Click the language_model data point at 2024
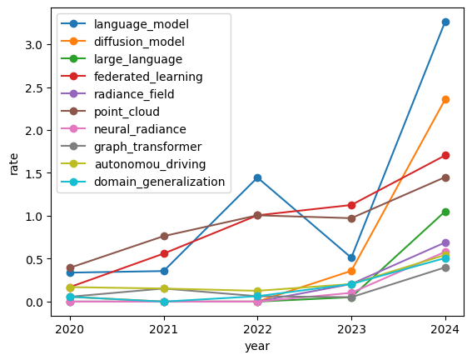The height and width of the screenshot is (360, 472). pyautogui.click(x=445, y=22)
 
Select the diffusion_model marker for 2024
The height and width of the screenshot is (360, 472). pyautogui.click(x=445, y=99)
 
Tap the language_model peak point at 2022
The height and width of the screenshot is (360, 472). pyautogui.click(x=257, y=177)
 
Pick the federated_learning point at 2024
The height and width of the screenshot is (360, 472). pyautogui.click(x=445, y=155)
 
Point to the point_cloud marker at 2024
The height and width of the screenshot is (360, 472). pyautogui.click(x=445, y=177)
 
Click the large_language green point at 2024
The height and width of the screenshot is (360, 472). pyautogui.click(x=445, y=212)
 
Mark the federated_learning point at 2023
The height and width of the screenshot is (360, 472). pyautogui.click(x=351, y=205)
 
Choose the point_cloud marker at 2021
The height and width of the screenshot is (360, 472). pyautogui.click(x=164, y=236)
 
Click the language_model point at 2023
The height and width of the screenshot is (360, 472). pyautogui.click(x=351, y=257)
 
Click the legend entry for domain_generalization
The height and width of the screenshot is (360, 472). pyautogui.click(x=159, y=182)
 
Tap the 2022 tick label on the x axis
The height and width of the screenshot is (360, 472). pyautogui.click(x=257, y=326)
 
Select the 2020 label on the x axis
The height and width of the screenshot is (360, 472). pyautogui.click(x=70, y=326)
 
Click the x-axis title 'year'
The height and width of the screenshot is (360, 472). pyautogui.click(x=257, y=344)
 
